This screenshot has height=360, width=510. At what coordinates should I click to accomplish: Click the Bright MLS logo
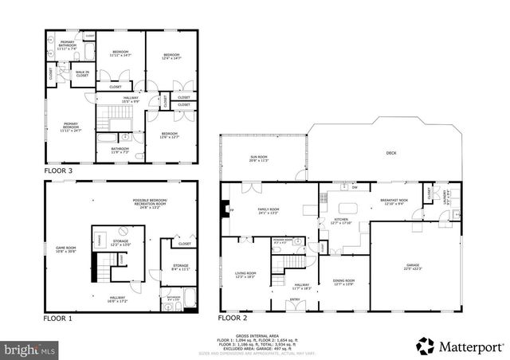pos(30,348)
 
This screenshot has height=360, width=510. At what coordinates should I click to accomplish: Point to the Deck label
pos(391,153)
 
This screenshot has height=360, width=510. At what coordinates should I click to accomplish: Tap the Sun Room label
pos(259,158)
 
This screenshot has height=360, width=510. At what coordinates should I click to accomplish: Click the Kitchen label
pos(341,220)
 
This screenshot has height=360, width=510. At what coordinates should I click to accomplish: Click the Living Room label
pos(245,275)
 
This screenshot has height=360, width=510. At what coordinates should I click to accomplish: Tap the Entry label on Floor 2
pos(295,300)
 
